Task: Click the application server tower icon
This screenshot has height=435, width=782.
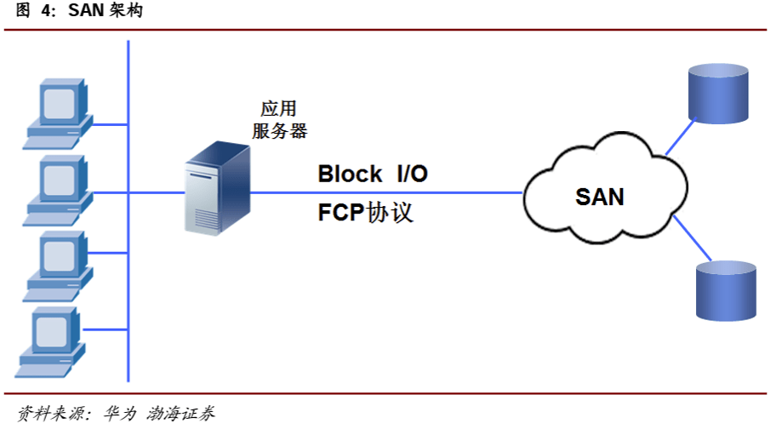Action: click(x=218, y=188)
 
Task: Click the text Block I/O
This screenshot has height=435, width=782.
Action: click(x=372, y=175)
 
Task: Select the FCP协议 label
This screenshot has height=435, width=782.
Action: click(x=366, y=212)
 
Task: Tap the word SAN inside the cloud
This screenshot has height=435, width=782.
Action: click(x=600, y=197)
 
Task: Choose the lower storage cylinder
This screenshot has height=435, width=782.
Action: click(x=726, y=289)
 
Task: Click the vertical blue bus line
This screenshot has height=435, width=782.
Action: click(x=128, y=213)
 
